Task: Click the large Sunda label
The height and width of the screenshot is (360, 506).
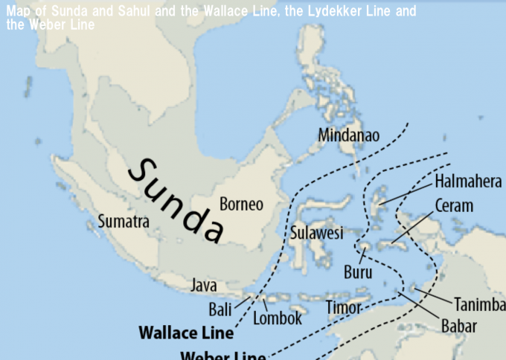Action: pyautogui.click(x=176, y=200)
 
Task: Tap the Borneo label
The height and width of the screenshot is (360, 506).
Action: pyautogui.click(x=241, y=204)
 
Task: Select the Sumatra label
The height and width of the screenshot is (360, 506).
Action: pyautogui.click(x=124, y=222)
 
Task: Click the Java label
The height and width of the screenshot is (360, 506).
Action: pyautogui.click(x=204, y=285)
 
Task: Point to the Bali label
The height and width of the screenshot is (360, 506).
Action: pyautogui.click(x=220, y=309)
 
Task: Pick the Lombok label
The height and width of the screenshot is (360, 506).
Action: pyautogui.click(x=278, y=318)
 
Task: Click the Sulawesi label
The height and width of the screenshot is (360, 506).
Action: pyautogui.click(x=316, y=234)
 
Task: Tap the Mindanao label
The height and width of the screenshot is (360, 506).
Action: pyautogui.click(x=348, y=135)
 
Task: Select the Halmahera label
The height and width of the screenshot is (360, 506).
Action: pyautogui.click(x=468, y=181)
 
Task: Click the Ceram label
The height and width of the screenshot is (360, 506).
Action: pyautogui.click(x=453, y=206)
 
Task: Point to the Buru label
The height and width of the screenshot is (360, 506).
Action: pyautogui.click(x=358, y=272)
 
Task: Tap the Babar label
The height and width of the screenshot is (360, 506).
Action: pyautogui.click(x=458, y=326)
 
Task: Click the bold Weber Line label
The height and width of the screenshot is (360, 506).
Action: pyautogui.click(x=223, y=354)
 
